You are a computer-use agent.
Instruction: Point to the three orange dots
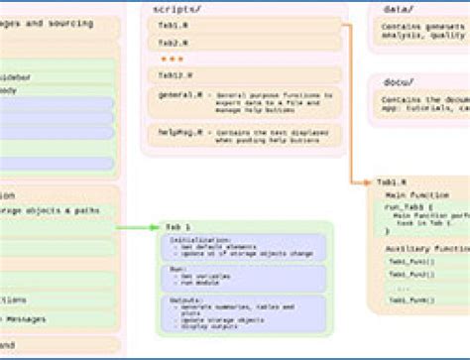coord(171,60)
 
